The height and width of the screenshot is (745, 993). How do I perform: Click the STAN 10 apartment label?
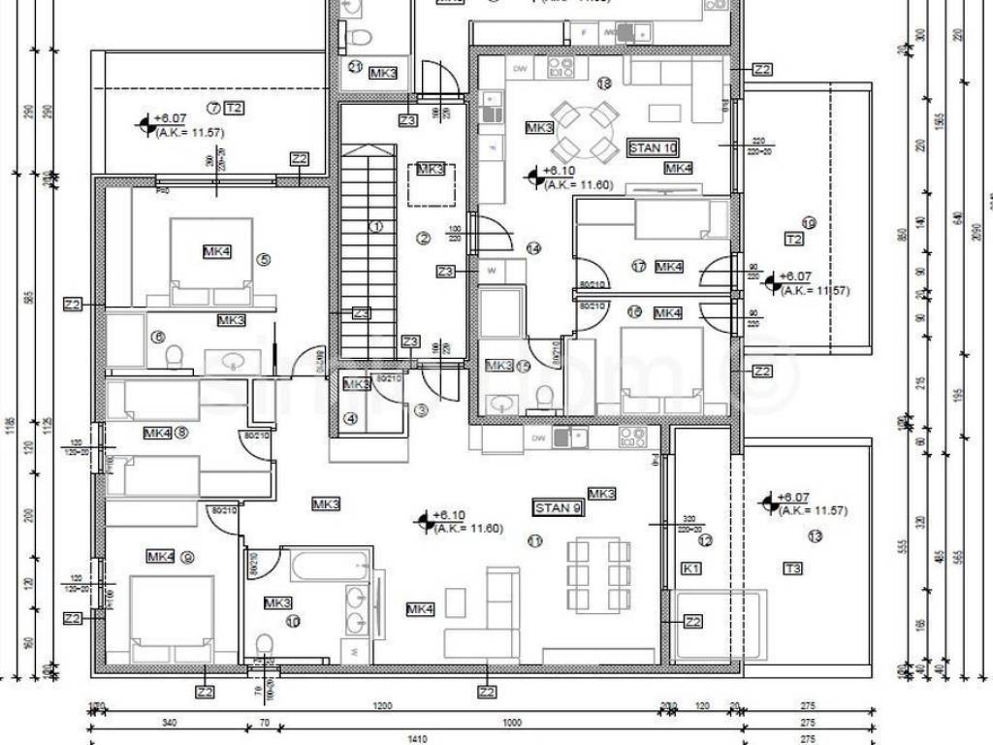[653, 148]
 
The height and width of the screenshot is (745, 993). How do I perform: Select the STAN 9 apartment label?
[559, 507]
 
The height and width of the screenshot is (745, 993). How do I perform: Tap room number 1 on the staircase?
[375, 227]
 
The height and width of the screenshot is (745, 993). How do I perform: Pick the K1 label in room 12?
[691, 568]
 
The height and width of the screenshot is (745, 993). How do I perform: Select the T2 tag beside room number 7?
[233, 107]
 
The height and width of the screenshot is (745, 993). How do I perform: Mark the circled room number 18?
[604, 84]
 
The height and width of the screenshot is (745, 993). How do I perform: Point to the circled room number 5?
[263, 259]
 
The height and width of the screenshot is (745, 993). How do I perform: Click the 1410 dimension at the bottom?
[417, 739]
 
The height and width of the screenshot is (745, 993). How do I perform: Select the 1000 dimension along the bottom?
[512, 723]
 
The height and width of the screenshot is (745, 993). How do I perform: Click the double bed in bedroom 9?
[171, 611]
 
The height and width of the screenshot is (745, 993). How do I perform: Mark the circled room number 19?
[810, 223]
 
